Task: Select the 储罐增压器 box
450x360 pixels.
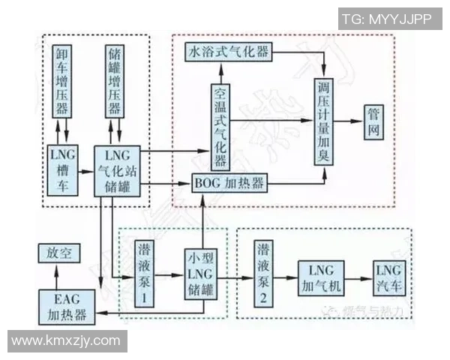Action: click(115, 80)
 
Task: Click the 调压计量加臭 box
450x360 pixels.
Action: click(325, 120)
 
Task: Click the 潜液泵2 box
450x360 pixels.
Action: click(265, 274)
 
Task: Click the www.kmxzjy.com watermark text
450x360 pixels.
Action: click(66, 340)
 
